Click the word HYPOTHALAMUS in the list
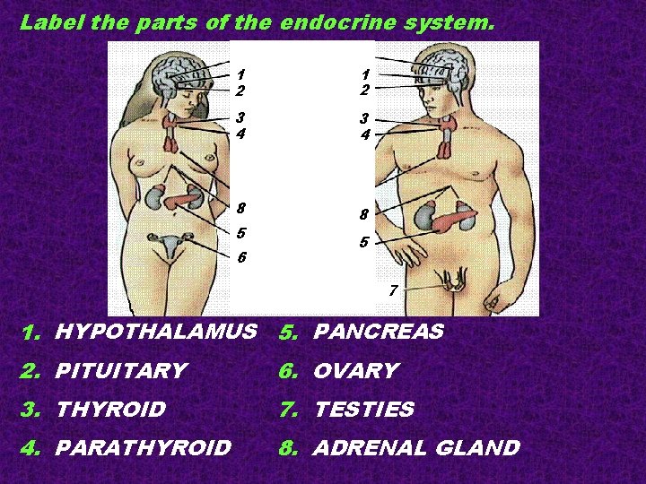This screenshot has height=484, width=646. coord(155,333)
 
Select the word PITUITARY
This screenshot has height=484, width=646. coord(120,371)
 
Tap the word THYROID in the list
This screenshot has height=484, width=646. coord(110,411)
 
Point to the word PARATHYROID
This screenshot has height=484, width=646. coord(143,448)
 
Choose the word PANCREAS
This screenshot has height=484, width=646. coord(378,333)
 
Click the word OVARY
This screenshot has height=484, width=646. coord(355,371)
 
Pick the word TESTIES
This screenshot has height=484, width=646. coord(363,411)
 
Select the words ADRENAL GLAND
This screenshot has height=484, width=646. coord(415,448)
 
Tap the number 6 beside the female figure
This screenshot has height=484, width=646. coord(241,258)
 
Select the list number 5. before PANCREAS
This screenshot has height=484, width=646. coord(288,333)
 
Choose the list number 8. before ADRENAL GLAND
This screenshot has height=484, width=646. coord(288,448)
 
